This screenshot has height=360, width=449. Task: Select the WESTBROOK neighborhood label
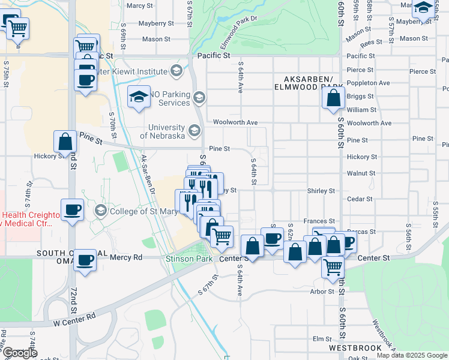pyautogui.click(x=355, y=347)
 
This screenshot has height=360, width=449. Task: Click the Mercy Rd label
pyautogui.click(x=126, y=257)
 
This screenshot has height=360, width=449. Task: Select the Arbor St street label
pyautogui.click(x=322, y=292)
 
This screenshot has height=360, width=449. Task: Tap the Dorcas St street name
pyautogui.click(x=364, y=231)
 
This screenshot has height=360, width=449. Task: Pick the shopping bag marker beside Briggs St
pyautogui.click(x=333, y=98)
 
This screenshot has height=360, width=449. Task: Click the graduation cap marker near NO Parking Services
pyautogui.click(x=139, y=97)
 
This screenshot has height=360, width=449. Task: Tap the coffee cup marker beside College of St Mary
pyautogui.click(x=73, y=210)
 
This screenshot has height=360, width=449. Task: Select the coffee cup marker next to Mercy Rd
pyautogui.click(x=85, y=260)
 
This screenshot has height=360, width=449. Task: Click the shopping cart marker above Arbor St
pyautogui.click(x=332, y=266)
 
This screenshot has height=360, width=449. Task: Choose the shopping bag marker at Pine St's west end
pyautogui.click(x=65, y=142)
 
